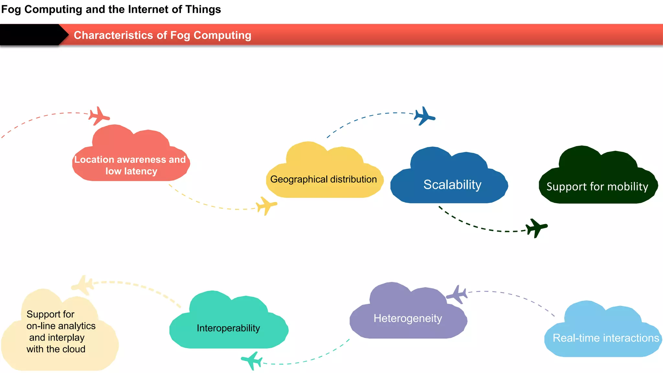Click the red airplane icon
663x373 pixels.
click(x=99, y=116)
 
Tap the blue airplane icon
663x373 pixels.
click(x=424, y=116)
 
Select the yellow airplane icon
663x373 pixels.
click(x=266, y=206)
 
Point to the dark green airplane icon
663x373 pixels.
click(x=536, y=228)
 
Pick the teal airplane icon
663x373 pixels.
click(x=252, y=360)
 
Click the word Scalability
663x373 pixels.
click(x=452, y=185)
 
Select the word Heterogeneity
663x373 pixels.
click(x=408, y=318)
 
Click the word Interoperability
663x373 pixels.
click(x=228, y=328)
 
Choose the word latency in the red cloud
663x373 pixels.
click(x=140, y=171)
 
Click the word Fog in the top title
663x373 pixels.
click(x=11, y=9)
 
